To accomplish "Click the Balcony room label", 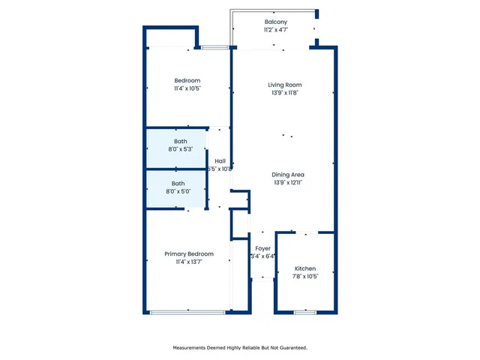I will click(x=275, y=22).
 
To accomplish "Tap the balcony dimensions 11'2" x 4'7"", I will click(x=275, y=31).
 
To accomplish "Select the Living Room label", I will click(x=285, y=85).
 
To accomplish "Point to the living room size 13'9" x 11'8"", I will click(x=285, y=93).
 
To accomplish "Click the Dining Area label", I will click(x=288, y=175).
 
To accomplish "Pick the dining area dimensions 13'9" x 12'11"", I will click(x=288, y=183).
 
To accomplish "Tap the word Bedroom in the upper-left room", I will click(x=187, y=80).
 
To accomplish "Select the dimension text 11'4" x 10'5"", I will click(x=187, y=88).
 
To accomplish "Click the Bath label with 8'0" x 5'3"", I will click(x=180, y=141).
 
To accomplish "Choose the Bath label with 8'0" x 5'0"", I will click(x=178, y=183).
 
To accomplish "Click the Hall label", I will click(x=220, y=161).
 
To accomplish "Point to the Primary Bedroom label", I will click(x=189, y=254).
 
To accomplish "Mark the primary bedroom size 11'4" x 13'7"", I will click(x=189, y=262).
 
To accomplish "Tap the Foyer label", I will click(x=262, y=248).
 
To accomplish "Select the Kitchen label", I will click(x=305, y=268).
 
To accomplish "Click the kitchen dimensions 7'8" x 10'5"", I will click(x=305, y=277).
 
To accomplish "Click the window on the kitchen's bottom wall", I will click(x=305, y=312).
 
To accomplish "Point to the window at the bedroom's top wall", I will click(x=214, y=48).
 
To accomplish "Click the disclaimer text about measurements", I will click(x=240, y=348).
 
